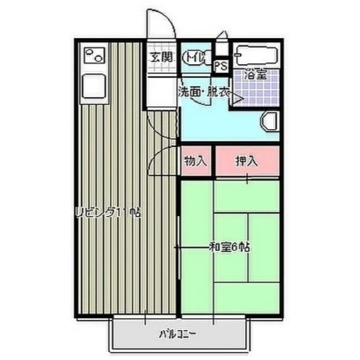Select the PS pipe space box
tap(220, 65)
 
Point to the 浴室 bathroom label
tap(254, 73)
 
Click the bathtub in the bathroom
tap(256, 56)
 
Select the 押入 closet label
tap(246, 161)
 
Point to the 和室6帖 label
tap(229, 246)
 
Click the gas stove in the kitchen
tap(93, 55)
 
